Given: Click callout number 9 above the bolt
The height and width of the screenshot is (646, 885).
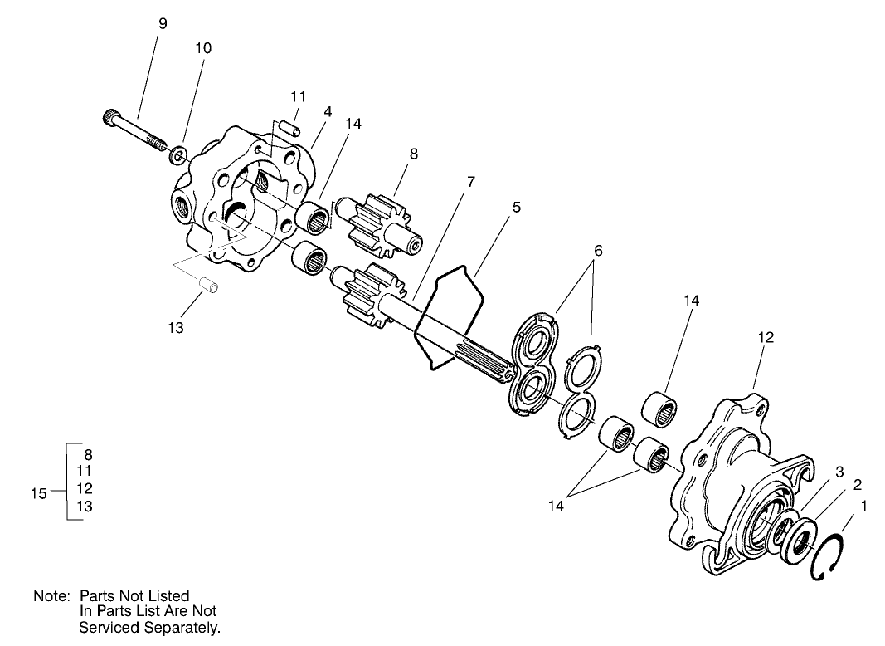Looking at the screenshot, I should tap(163, 24).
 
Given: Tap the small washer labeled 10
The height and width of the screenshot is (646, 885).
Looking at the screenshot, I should tap(176, 155).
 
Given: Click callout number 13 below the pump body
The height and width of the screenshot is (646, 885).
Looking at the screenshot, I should tap(175, 328).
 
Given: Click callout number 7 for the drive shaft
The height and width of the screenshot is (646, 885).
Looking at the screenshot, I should tap(470, 182).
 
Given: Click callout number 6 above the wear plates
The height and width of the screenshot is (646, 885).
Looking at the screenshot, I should tap(598, 250).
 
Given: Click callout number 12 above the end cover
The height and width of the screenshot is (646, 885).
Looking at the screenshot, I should tap(766, 337).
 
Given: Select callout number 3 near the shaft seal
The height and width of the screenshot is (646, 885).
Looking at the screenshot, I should tap(839, 472).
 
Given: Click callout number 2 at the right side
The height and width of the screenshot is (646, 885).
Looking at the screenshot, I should tap(858, 485).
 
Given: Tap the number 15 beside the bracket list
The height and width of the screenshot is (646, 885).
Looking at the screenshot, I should tap(39, 493).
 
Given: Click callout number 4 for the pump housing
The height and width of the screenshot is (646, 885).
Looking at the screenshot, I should tap(328, 110).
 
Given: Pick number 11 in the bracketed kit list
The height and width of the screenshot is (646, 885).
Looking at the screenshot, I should tap(84, 471).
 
